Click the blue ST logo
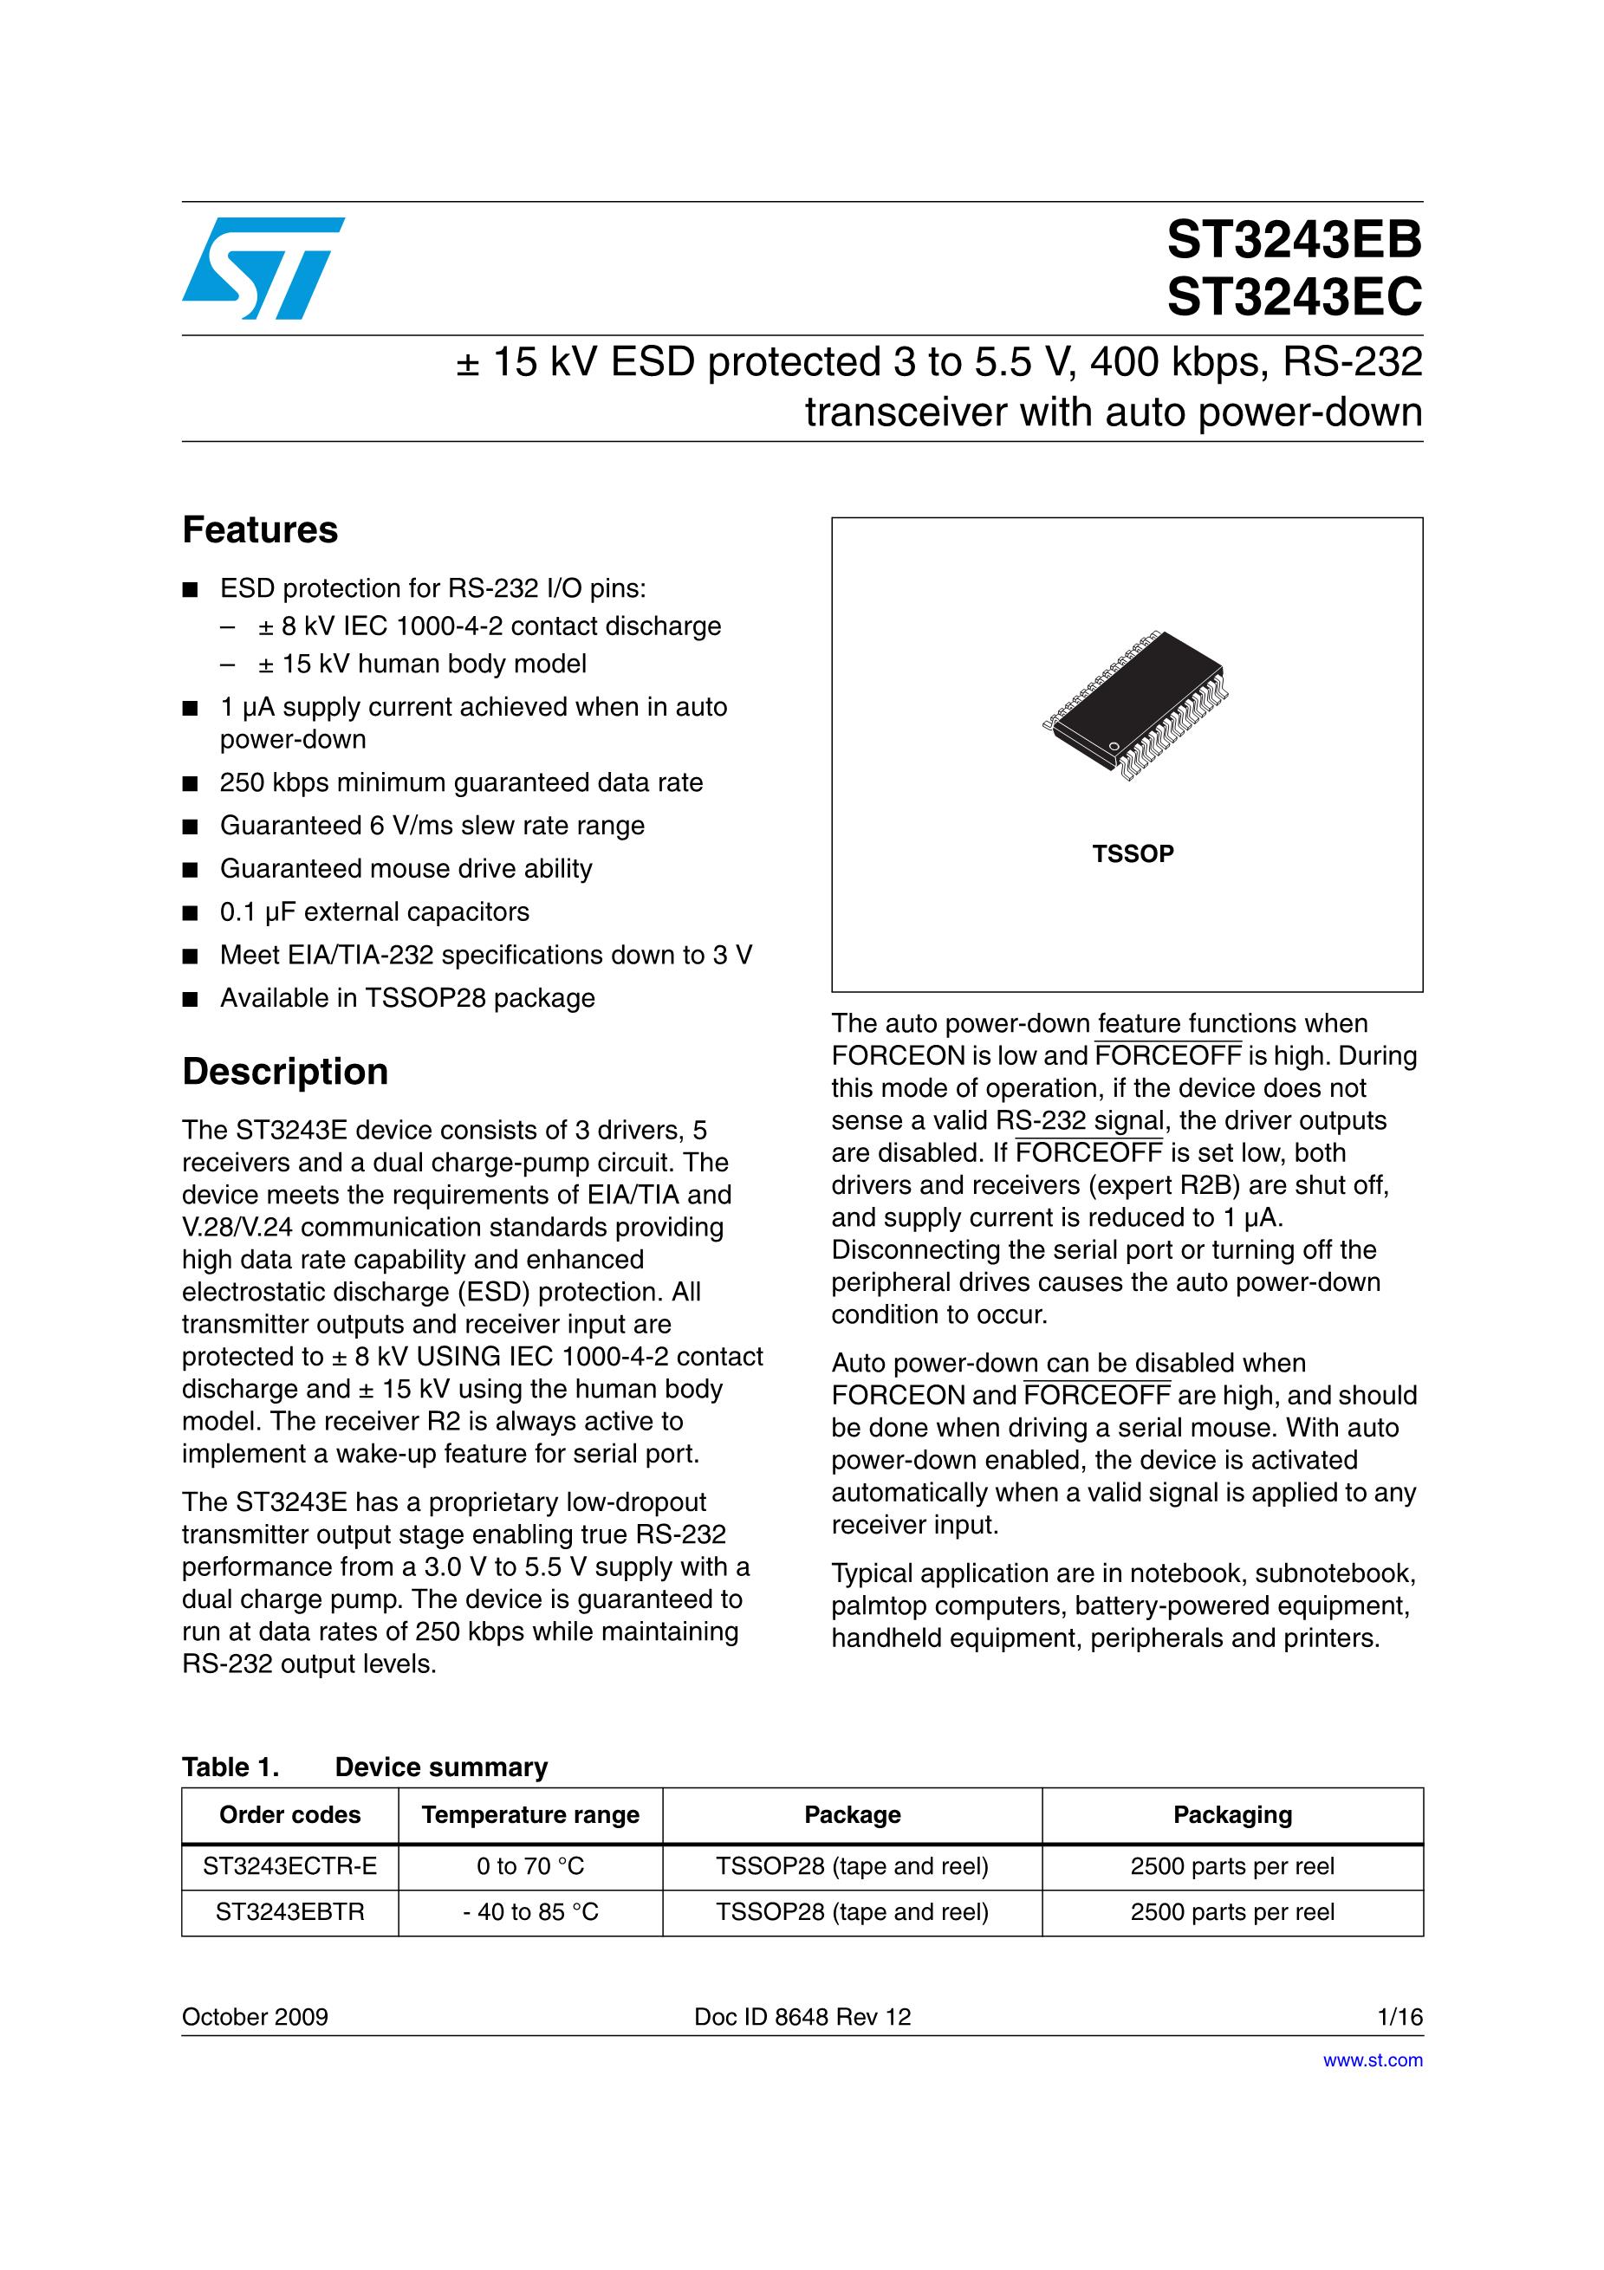[x=263, y=268]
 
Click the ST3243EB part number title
[x=1294, y=240]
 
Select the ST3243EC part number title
[x=1294, y=296]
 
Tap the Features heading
[x=260, y=530]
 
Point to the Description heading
[x=285, y=1072]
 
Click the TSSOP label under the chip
[x=1133, y=854]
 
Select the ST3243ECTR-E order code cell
[x=289, y=1866]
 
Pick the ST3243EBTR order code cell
[x=289, y=1912]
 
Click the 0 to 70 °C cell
[x=530, y=1866]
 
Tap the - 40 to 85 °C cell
[x=530, y=1912]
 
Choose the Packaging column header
[x=1232, y=1815]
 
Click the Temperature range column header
[x=530, y=1815]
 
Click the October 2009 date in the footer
[x=255, y=2017]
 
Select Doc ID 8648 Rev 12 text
[x=802, y=2017]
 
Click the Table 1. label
[x=231, y=1767]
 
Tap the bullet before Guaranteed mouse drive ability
[x=191, y=870]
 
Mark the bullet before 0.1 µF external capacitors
[x=191, y=913]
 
